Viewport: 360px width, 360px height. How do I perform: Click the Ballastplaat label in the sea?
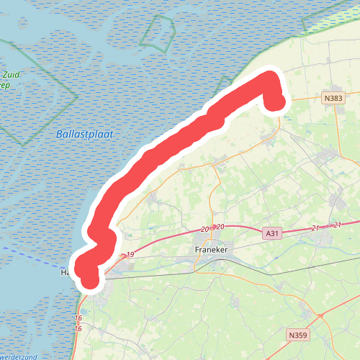pos(84,134)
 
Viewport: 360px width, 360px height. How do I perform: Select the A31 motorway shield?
pos(271,233)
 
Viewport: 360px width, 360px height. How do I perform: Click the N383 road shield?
pos(333,98)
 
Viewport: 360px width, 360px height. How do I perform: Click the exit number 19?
pos(130,255)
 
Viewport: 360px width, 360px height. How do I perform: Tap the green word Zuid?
pos(11,74)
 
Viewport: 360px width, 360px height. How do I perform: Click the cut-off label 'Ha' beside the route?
pos(66,273)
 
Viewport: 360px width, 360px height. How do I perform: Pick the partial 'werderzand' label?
pos(18,356)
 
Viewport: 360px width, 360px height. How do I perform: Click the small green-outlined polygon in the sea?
pos(158,31)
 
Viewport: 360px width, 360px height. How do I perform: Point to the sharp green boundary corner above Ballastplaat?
pos(77,94)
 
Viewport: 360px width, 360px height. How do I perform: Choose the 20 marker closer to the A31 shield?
pos(220,228)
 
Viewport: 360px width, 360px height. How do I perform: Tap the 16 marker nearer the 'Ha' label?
pos(78,318)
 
